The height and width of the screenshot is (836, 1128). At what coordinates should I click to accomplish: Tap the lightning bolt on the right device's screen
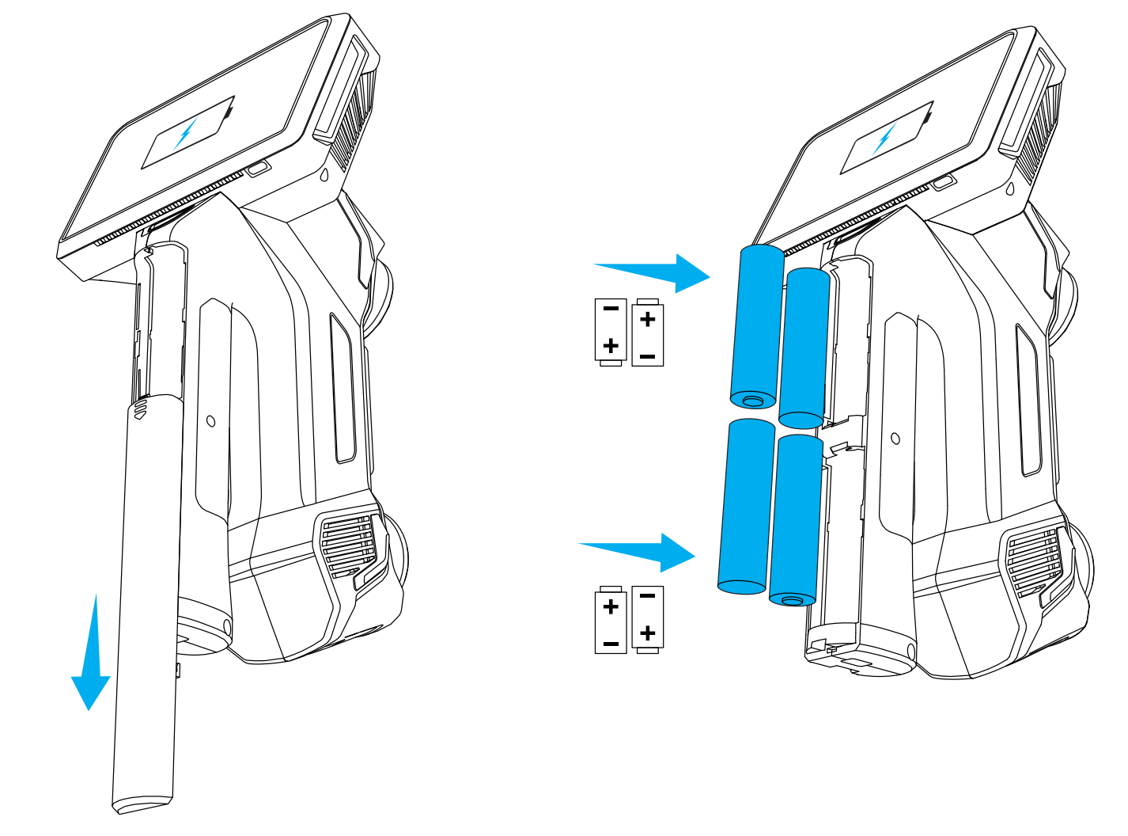point(885,139)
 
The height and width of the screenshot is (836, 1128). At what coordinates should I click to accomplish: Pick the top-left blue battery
point(757,326)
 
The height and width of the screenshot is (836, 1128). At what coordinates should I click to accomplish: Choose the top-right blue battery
point(804,348)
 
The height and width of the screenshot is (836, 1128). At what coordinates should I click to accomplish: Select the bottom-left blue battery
point(745,507)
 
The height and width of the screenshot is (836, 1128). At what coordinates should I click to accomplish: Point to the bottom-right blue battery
point(796,520)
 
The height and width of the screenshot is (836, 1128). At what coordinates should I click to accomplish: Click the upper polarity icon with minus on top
point(611,332)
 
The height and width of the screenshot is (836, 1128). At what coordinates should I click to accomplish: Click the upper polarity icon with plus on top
point(648,332)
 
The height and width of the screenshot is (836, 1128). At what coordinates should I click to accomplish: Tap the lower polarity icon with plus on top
point(611,619)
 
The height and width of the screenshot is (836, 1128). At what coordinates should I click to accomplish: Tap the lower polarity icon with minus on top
point(648,619)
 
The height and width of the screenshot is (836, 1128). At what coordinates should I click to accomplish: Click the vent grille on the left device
point(349,545)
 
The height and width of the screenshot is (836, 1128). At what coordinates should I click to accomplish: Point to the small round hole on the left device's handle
point(211,421)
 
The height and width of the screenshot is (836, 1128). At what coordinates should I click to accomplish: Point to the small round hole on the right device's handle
point(895,438)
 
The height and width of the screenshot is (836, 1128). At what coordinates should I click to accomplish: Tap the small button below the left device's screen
point(259,169)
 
